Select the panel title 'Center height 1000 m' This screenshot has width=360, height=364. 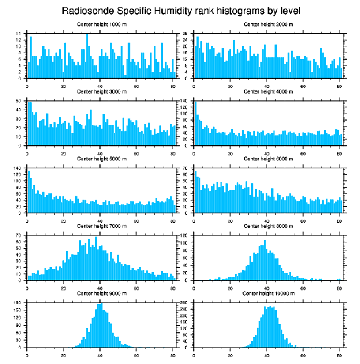[101, 24]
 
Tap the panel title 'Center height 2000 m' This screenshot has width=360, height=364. [268, 24]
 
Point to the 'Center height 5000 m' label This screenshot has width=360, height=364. [101, 159]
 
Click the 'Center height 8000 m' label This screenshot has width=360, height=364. [268, 226]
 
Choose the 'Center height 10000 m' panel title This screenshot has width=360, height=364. [268, 293]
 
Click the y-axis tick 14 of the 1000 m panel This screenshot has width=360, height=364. [19, 34]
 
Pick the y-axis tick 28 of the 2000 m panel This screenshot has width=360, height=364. [186, 34]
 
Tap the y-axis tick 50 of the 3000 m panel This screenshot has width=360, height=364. [19, 101]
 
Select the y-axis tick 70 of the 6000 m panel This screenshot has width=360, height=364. [186, 168]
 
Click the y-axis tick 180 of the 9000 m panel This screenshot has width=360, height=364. [19, 303]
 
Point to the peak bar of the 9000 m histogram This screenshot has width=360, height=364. [101, 325]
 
